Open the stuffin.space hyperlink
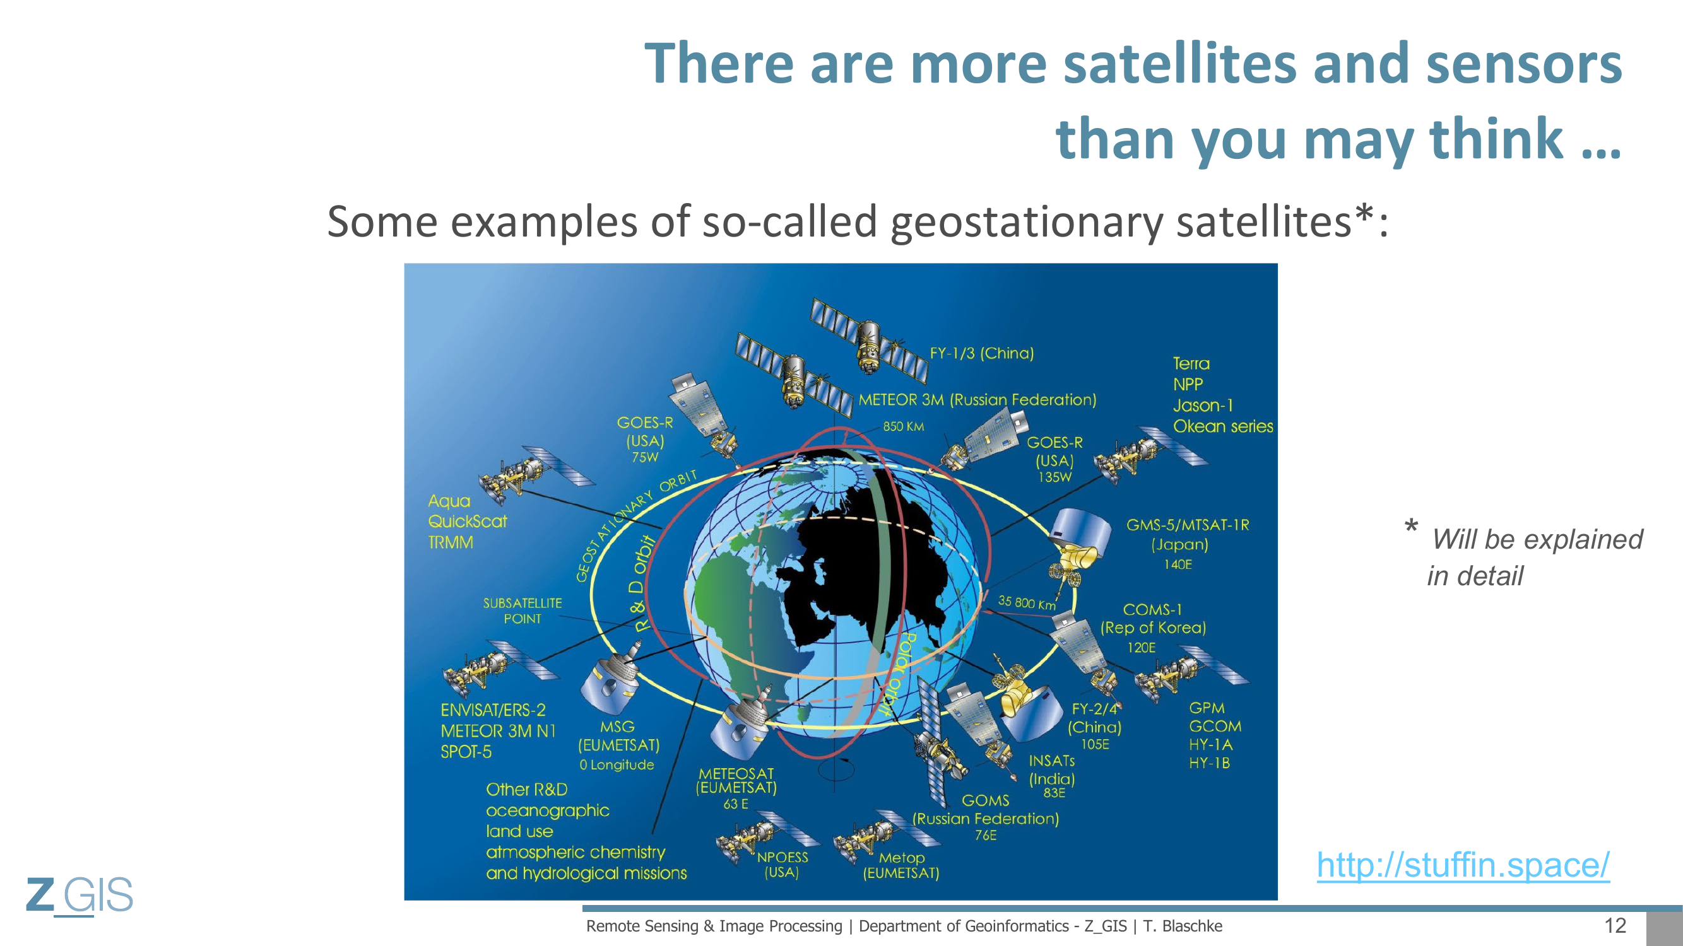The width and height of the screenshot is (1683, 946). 1463,865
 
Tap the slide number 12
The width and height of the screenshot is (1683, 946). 1615,925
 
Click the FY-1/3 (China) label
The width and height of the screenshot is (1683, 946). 982,353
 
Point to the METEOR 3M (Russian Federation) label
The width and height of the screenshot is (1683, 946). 977,400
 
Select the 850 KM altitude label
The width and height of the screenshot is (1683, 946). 904,426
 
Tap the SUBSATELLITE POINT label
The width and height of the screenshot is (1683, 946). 522,610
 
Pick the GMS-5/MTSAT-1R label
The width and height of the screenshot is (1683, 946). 1187,525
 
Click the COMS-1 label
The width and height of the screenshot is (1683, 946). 1152,610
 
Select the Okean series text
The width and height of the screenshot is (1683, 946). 1223,426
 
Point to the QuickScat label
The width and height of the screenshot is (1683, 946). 467,522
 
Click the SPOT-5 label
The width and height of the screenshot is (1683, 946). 466,752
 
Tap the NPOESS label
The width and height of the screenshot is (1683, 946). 782,857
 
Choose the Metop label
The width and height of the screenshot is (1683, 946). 902,858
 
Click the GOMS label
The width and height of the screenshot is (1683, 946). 985,800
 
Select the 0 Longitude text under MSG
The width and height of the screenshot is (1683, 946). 616,764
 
